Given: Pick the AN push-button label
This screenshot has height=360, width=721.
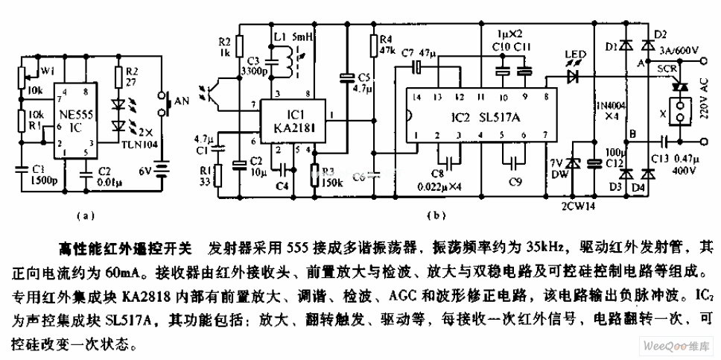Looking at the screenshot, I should click(x=182, y=99).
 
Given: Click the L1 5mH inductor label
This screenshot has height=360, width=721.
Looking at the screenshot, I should click(x=293, y=36).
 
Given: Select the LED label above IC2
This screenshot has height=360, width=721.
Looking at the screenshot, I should click(x=574, y=54).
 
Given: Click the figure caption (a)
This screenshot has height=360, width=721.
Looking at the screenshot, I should click(x=85, y=216).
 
